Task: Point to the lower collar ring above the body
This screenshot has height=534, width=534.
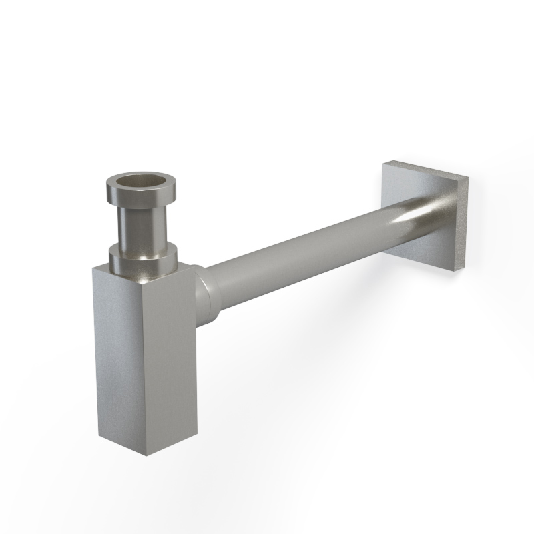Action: [144, 260]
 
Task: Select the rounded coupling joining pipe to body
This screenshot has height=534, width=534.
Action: [204, 294]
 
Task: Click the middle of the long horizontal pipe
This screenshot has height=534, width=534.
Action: [300, 257]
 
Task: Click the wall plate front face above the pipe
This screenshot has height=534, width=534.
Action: [421, 187]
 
